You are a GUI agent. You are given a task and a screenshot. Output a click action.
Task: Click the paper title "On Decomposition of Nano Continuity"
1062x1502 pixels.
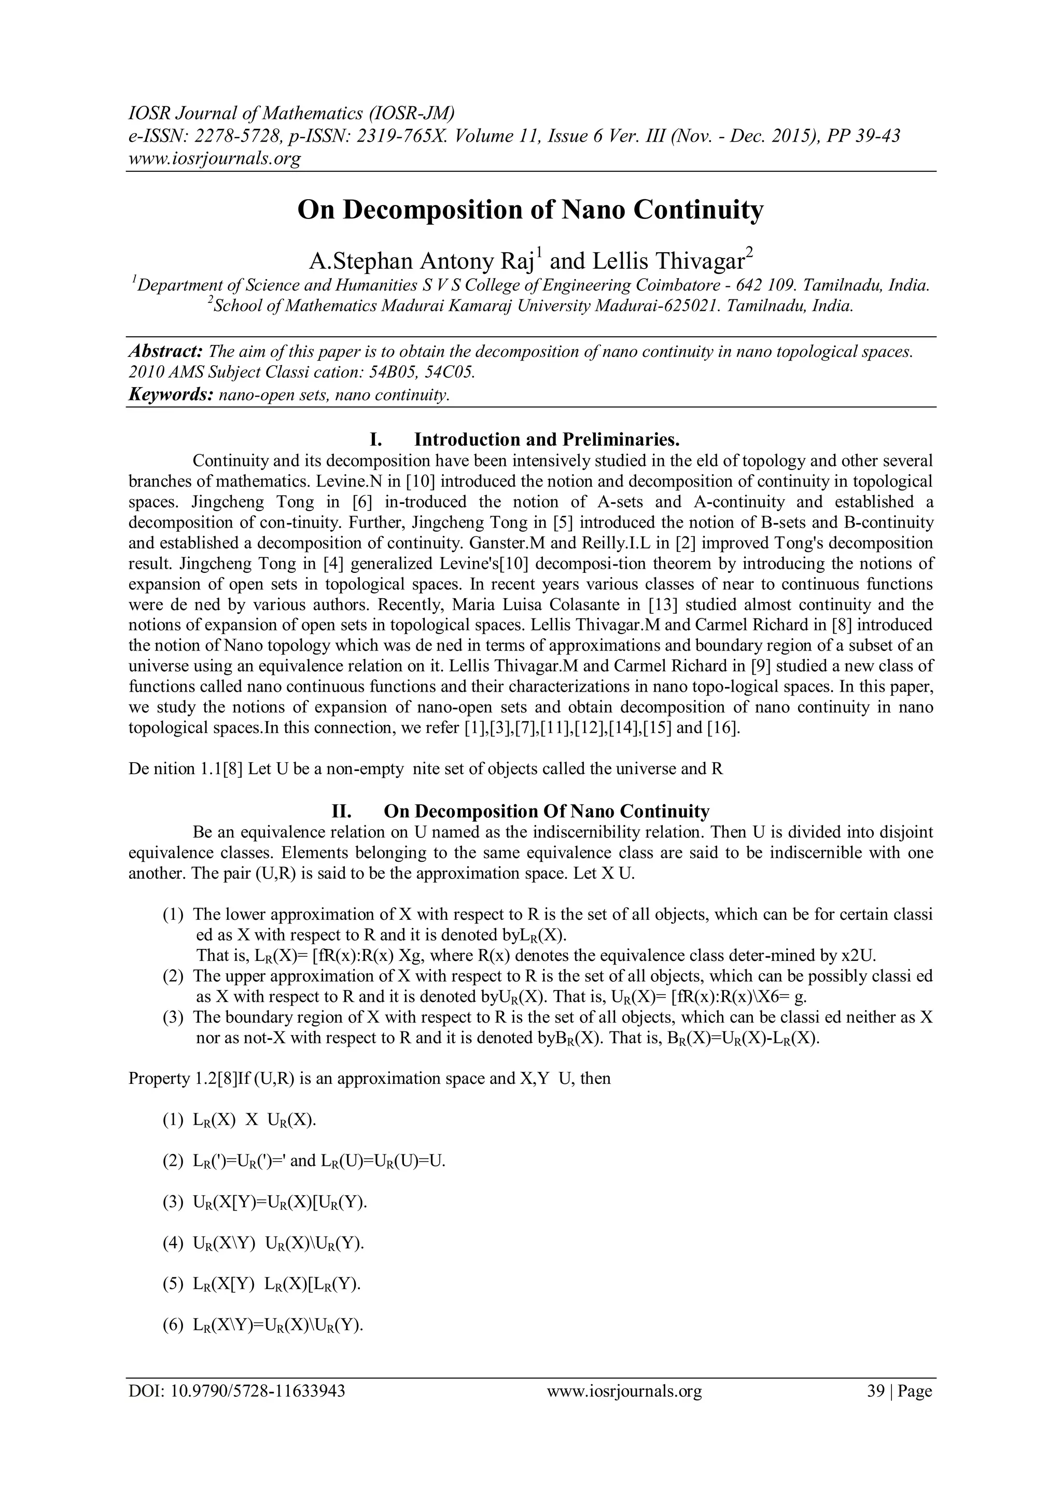(x=530, y=211)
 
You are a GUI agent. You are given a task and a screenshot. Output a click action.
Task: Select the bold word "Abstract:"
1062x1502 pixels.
(x=167, y=352)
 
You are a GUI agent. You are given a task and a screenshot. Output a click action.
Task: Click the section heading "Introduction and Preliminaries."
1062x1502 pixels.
(x=548, y=439)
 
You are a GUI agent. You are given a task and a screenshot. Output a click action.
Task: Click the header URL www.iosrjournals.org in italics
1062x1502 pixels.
(x=214, y=158)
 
